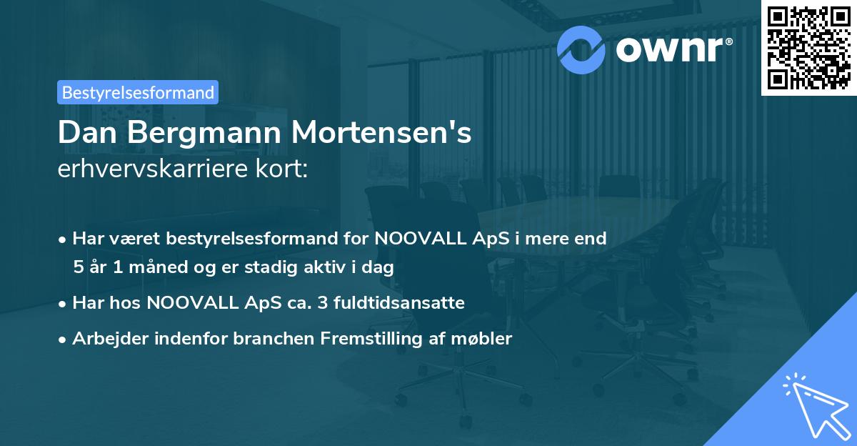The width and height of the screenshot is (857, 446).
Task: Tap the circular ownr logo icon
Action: (x=581, y=49)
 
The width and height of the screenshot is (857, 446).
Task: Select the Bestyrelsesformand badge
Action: (x=138, y=92)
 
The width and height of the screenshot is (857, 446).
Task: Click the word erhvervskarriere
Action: (x=156, y=170)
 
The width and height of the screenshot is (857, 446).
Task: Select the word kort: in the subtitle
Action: (x=284, y=170)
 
